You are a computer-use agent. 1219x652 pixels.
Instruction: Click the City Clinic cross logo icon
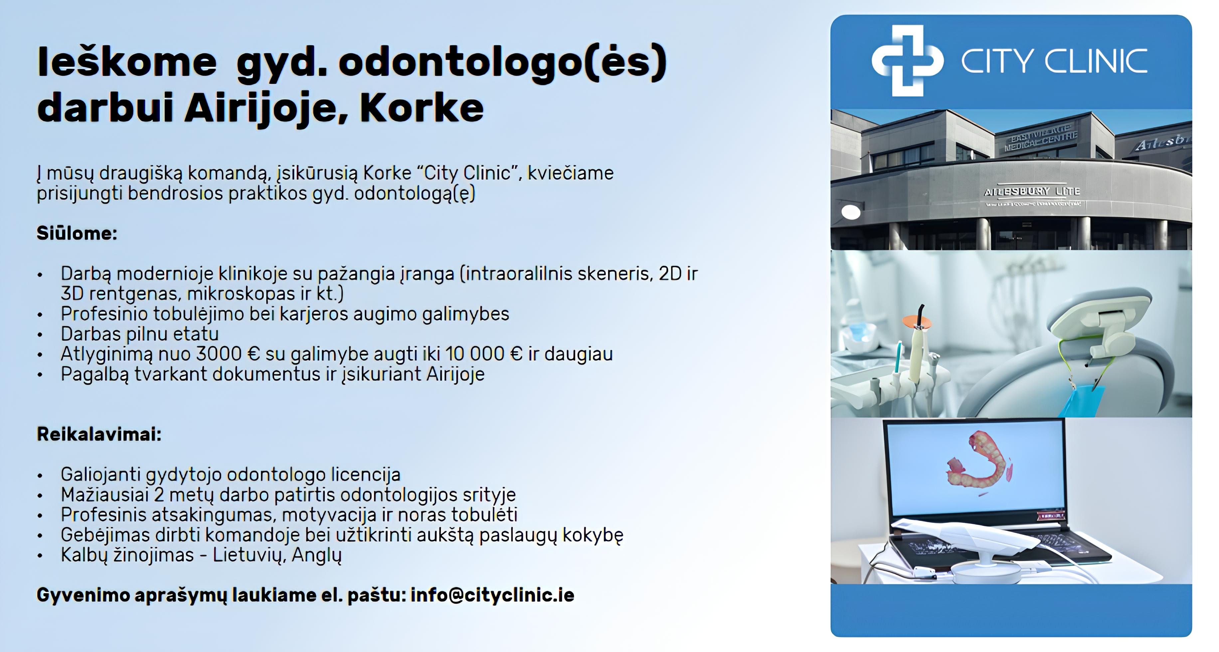[907, 61]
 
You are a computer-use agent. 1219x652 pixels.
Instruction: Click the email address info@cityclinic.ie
[492, 595]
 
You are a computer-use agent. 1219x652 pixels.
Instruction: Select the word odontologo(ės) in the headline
[503, 63]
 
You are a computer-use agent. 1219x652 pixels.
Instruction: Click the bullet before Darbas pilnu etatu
[40, 335]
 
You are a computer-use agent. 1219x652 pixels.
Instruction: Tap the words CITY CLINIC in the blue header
[1054, 62]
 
